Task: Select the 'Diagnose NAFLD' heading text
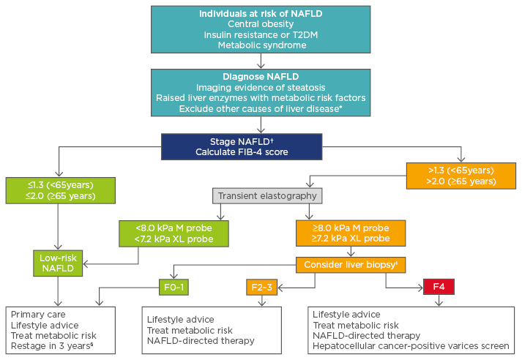(x=260, y=75)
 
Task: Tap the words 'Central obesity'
(x=260, y=25)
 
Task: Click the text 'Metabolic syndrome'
(x=260, y=45)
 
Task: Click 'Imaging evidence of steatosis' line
(x=260, y=86)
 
